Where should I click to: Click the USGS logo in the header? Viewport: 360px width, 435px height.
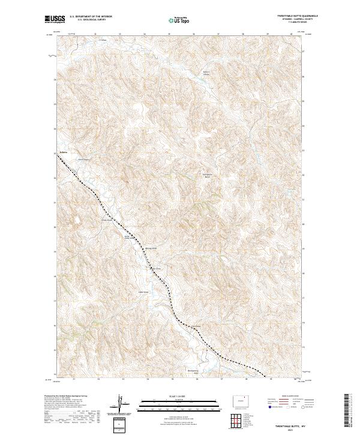click(x=56, y=19)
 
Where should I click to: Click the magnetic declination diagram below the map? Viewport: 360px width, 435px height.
click(x=122, y=405)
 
